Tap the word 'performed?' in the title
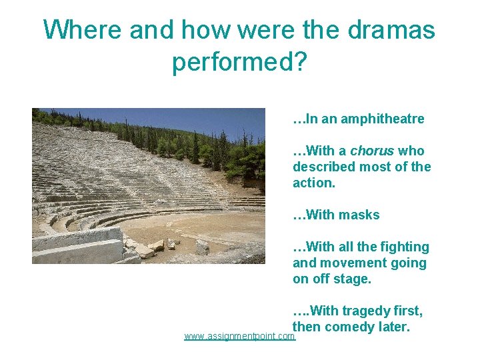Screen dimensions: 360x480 click(x=239, y=62)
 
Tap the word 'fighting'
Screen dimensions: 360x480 click(x=403, y=247)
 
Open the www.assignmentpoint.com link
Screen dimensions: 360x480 click(x=239, y=337)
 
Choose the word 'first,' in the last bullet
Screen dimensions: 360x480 click(x=405, y=311)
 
